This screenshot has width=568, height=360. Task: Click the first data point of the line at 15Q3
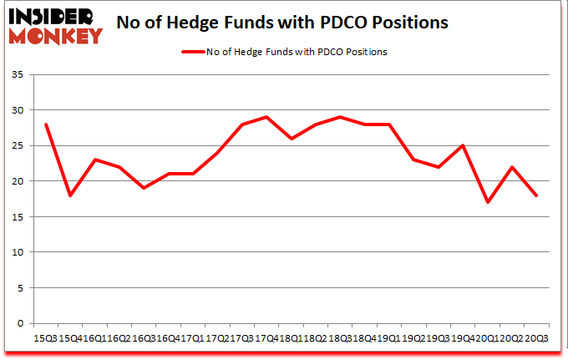click(x=46, y=124)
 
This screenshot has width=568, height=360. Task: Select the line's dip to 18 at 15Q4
click(x=70, y=195)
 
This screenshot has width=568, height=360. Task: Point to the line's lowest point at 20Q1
click(x=487, y=202)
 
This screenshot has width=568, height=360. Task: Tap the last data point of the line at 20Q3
click(x=535, y=195)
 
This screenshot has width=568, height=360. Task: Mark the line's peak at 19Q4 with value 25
click(x=463, y=145)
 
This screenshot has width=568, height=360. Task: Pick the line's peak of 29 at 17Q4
click(x=266, y=117)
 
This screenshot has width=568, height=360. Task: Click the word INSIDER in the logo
click(x=52, y=16)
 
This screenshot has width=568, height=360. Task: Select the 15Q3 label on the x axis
click(x=46, y=338)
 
